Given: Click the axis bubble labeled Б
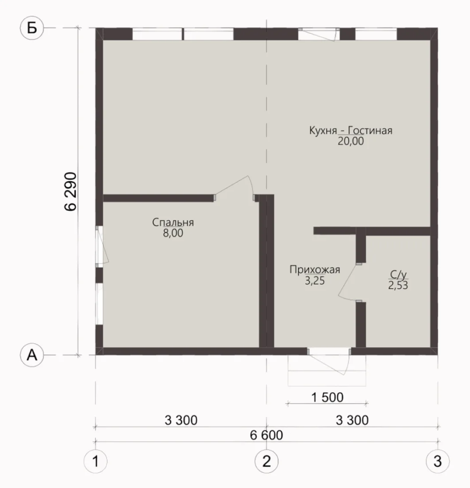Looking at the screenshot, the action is click(32, 28).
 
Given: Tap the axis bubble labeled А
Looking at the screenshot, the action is click(32, 355).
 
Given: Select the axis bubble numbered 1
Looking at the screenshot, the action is click(95, 461).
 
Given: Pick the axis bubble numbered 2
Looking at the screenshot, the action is click(266, 461).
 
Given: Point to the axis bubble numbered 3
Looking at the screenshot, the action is click(438, 461).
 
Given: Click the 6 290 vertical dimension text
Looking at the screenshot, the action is click(70, 191).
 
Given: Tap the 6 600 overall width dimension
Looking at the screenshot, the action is click(266, 435).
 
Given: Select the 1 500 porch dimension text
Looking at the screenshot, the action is click(327, 397).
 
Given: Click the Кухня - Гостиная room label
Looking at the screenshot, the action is click(351, 130).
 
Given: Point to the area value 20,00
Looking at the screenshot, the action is click(351, 141).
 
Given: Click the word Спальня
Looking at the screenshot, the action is click(173, 222).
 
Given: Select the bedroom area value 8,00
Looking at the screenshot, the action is click(173, 233).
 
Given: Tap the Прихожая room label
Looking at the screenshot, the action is click(315, 270).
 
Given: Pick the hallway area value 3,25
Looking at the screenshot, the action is click(315, 281).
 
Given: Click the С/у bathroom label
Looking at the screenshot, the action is click(398, 275).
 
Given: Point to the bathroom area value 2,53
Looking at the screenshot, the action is click(398, 285).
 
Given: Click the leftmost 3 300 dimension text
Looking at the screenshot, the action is click(181, 420).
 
